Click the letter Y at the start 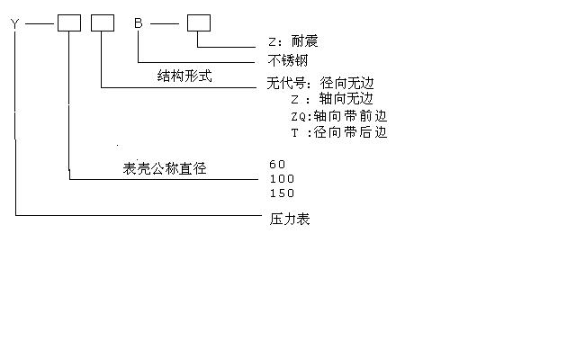tap(14, 24)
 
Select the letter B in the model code tap(138, 23)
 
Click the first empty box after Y tap(69, 22)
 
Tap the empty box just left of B tap(103, 22)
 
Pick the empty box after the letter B tap(199, 22)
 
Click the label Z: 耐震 tap(292, 40)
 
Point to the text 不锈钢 tap(288, 60)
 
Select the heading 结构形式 tap(184, 76)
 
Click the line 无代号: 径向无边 tap(320, 83)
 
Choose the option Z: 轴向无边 tap(332, 99)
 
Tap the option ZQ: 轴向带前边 tap(339, 116)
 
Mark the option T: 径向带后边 tap(339, 132)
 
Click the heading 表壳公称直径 tap(165, 168)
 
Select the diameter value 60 tap(277, 164)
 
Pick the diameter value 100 tap(282, 179)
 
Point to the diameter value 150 tap(282, 193)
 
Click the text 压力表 tap(290, 219)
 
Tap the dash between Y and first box tap(40, 24)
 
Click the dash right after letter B tap(165, 24)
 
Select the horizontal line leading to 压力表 tap(138, 215)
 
